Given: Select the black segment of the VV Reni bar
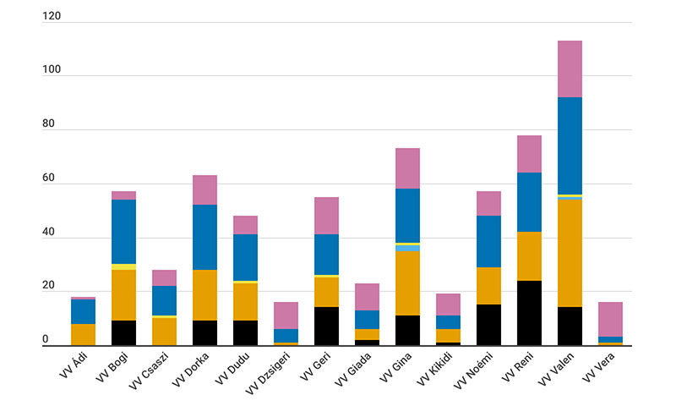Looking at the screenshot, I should pos(529,313).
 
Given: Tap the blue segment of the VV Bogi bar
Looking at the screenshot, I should pos(123,231).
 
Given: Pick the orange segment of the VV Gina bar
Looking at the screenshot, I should pos(407,283).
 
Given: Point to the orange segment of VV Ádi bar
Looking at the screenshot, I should pos(83,334).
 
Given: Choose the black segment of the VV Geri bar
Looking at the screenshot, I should pos(326,326).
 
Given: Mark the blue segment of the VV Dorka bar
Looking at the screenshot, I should pos(204,237).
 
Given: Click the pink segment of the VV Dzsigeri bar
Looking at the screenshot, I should pos(286,315).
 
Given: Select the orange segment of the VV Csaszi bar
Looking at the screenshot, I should pos(164,331).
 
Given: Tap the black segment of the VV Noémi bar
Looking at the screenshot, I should pos(488,325).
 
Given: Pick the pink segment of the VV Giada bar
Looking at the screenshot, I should pos(367,296).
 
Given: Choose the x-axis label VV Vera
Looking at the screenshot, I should pos(598,371).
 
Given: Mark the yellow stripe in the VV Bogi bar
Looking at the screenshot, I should pos(123,266).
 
